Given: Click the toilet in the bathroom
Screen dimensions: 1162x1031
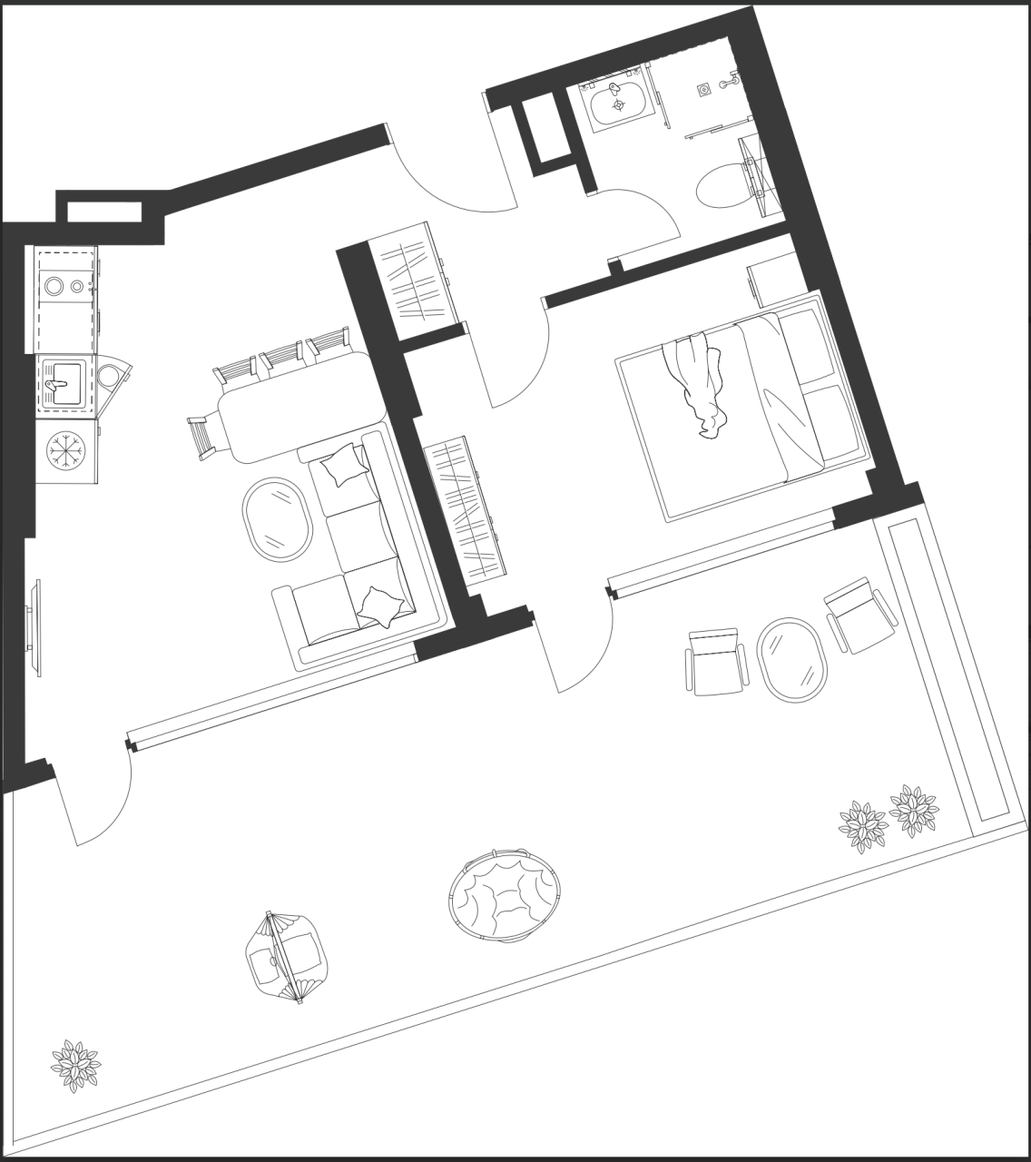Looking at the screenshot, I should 726,185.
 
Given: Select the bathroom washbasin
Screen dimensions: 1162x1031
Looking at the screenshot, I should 619,105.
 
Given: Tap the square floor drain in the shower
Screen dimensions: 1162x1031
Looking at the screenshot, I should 703,90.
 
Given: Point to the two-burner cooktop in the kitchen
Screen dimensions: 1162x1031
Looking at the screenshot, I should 64,286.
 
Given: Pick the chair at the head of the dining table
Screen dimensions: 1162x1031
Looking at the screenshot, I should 202,436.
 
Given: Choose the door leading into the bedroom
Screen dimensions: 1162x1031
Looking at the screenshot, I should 517,363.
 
